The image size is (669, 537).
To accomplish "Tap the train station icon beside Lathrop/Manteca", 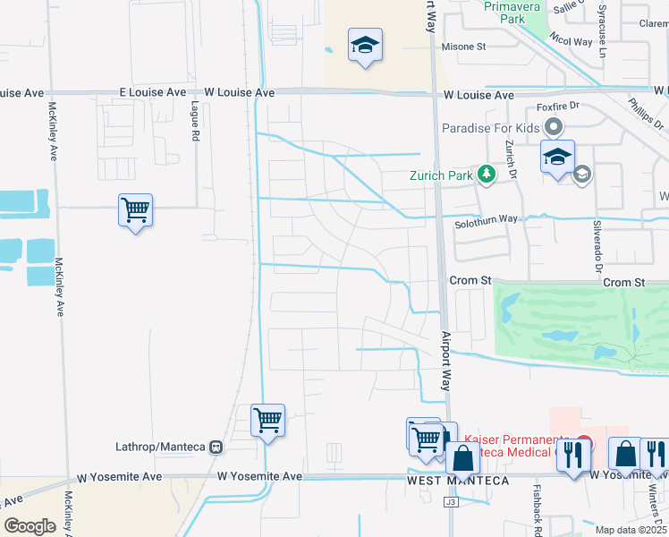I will [x=216, y=446].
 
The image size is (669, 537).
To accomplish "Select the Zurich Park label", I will [x=441, y=175].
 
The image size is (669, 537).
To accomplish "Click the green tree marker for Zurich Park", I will [x=486, y=174].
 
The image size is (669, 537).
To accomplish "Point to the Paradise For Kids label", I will [x=491, y=128].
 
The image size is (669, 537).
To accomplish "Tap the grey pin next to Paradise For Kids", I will [x=554, y=128].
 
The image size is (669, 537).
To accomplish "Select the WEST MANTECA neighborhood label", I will [x=458, y=482].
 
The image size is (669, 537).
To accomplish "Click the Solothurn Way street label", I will [x=486, y=218].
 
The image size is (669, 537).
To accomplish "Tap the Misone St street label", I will [x=463, y=47].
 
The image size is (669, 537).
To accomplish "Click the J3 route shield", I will [x=451, y=503].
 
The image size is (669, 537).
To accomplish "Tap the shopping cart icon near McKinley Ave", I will [x=135, y=211].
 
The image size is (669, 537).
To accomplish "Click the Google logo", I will [x=30, y=526].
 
